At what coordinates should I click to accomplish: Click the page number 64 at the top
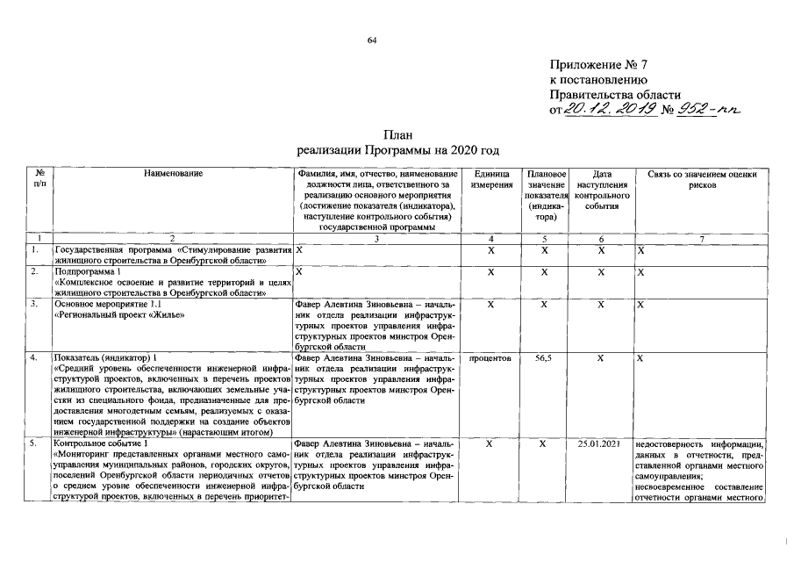(x=372, y=40)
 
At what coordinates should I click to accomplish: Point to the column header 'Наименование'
(x=173, y=174)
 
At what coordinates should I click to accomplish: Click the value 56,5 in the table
(x=542, y=359)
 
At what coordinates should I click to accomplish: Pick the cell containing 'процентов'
(x=491, y=359)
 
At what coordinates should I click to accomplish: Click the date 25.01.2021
(x=600, y=444)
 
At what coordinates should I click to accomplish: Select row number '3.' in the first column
(x=34, y=304)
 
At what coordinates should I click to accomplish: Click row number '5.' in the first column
(x=34, y=444)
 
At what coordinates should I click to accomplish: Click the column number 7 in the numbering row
(x=702, y=239)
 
